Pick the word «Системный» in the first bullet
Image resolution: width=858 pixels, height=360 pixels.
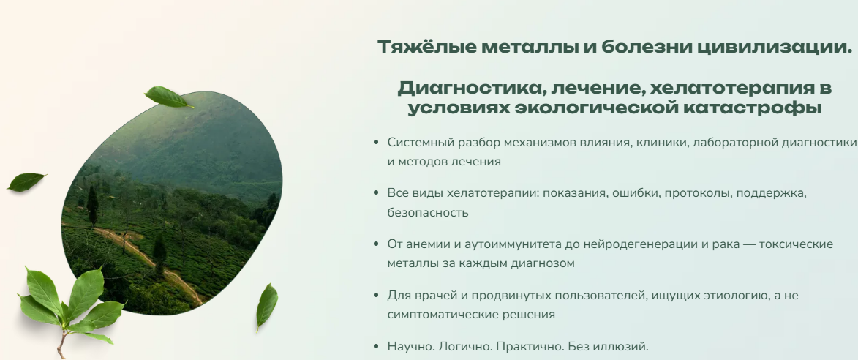tap(415, 143)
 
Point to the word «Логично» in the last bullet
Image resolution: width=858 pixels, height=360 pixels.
tap(459, 347)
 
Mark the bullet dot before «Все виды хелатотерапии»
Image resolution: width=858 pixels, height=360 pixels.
tap(375, 193)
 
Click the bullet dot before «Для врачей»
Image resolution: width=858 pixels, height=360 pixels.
tap(375, 296)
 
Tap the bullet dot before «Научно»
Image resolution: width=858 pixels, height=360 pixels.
tap(375, 346)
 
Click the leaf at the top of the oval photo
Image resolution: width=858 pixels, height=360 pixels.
tap(168, 97)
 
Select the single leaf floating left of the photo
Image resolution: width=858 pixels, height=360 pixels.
tap(26, 181)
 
